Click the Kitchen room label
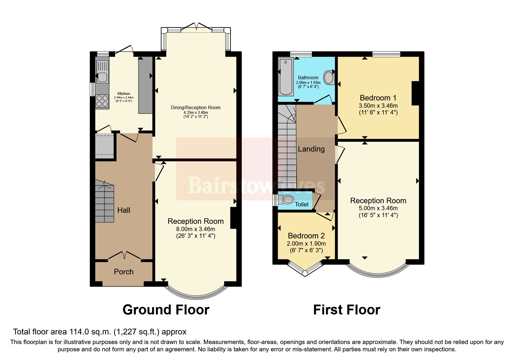point(124,93)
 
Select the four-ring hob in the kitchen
point(102,101)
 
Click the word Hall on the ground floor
point(124,210)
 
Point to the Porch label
point(124,272)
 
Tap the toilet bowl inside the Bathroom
point(329,78)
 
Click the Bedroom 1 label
point(378,98)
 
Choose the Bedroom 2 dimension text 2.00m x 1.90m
point(306,244)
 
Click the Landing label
point(311,149)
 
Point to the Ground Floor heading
point(166,310)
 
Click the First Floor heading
point(347,310)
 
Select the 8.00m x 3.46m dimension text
point(196,229)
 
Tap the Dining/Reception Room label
point(196,107)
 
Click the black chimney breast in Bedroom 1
point(415,93)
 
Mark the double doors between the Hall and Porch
point(125,255)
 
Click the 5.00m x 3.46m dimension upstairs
point(378,208)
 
